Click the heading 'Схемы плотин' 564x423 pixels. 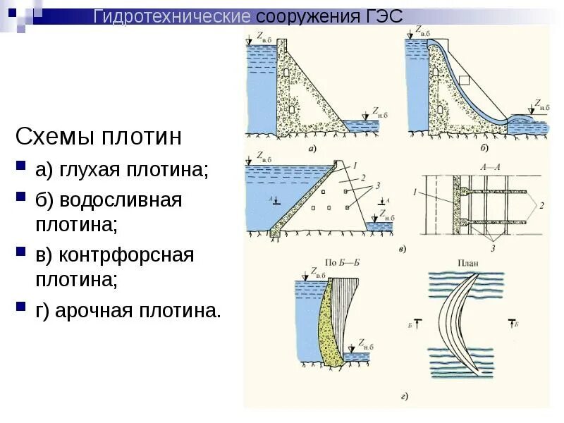(99, 136)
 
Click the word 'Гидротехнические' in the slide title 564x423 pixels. (173, 16)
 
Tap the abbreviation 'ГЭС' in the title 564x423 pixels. (384, 16)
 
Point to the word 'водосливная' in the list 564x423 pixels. (121, 200)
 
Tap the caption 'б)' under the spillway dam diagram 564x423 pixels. (484, 149)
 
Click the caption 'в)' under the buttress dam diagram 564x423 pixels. (400, 249)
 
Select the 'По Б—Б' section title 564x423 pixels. (343, 262)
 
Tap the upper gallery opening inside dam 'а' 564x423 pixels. (286, 72)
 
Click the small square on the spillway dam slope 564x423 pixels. (463, 79)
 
